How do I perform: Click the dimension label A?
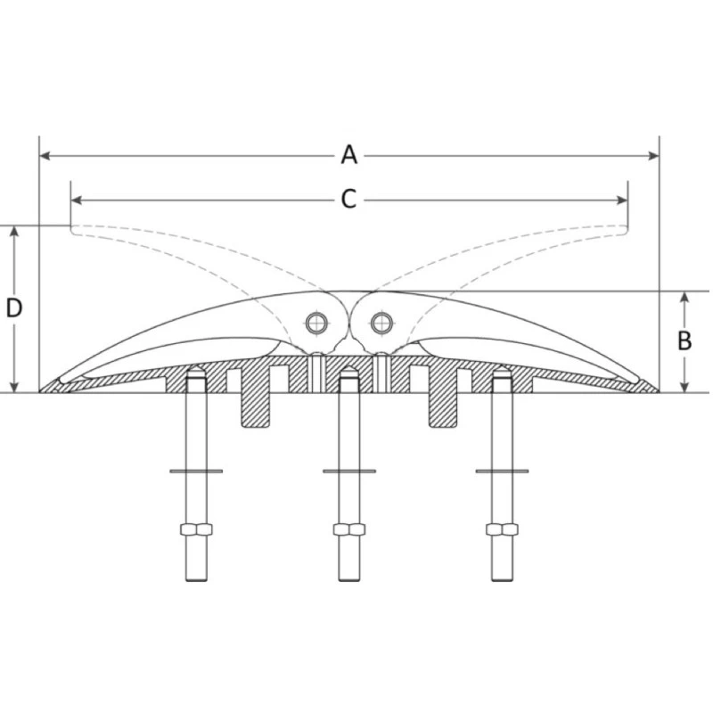point(348,155)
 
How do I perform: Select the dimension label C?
point(348,200)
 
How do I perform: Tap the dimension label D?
point(14,308)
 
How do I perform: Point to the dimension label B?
point(684,340)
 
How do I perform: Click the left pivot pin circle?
point(316,322)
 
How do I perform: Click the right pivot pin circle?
point(381,322)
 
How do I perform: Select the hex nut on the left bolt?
point(196,529)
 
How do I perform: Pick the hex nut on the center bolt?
point(348,529)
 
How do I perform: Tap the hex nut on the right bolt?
point(502,529)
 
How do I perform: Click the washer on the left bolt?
point(196,471)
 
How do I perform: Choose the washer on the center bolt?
point(348,471)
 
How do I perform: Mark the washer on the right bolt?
point(502,471)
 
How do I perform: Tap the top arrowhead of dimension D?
point(14,231)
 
